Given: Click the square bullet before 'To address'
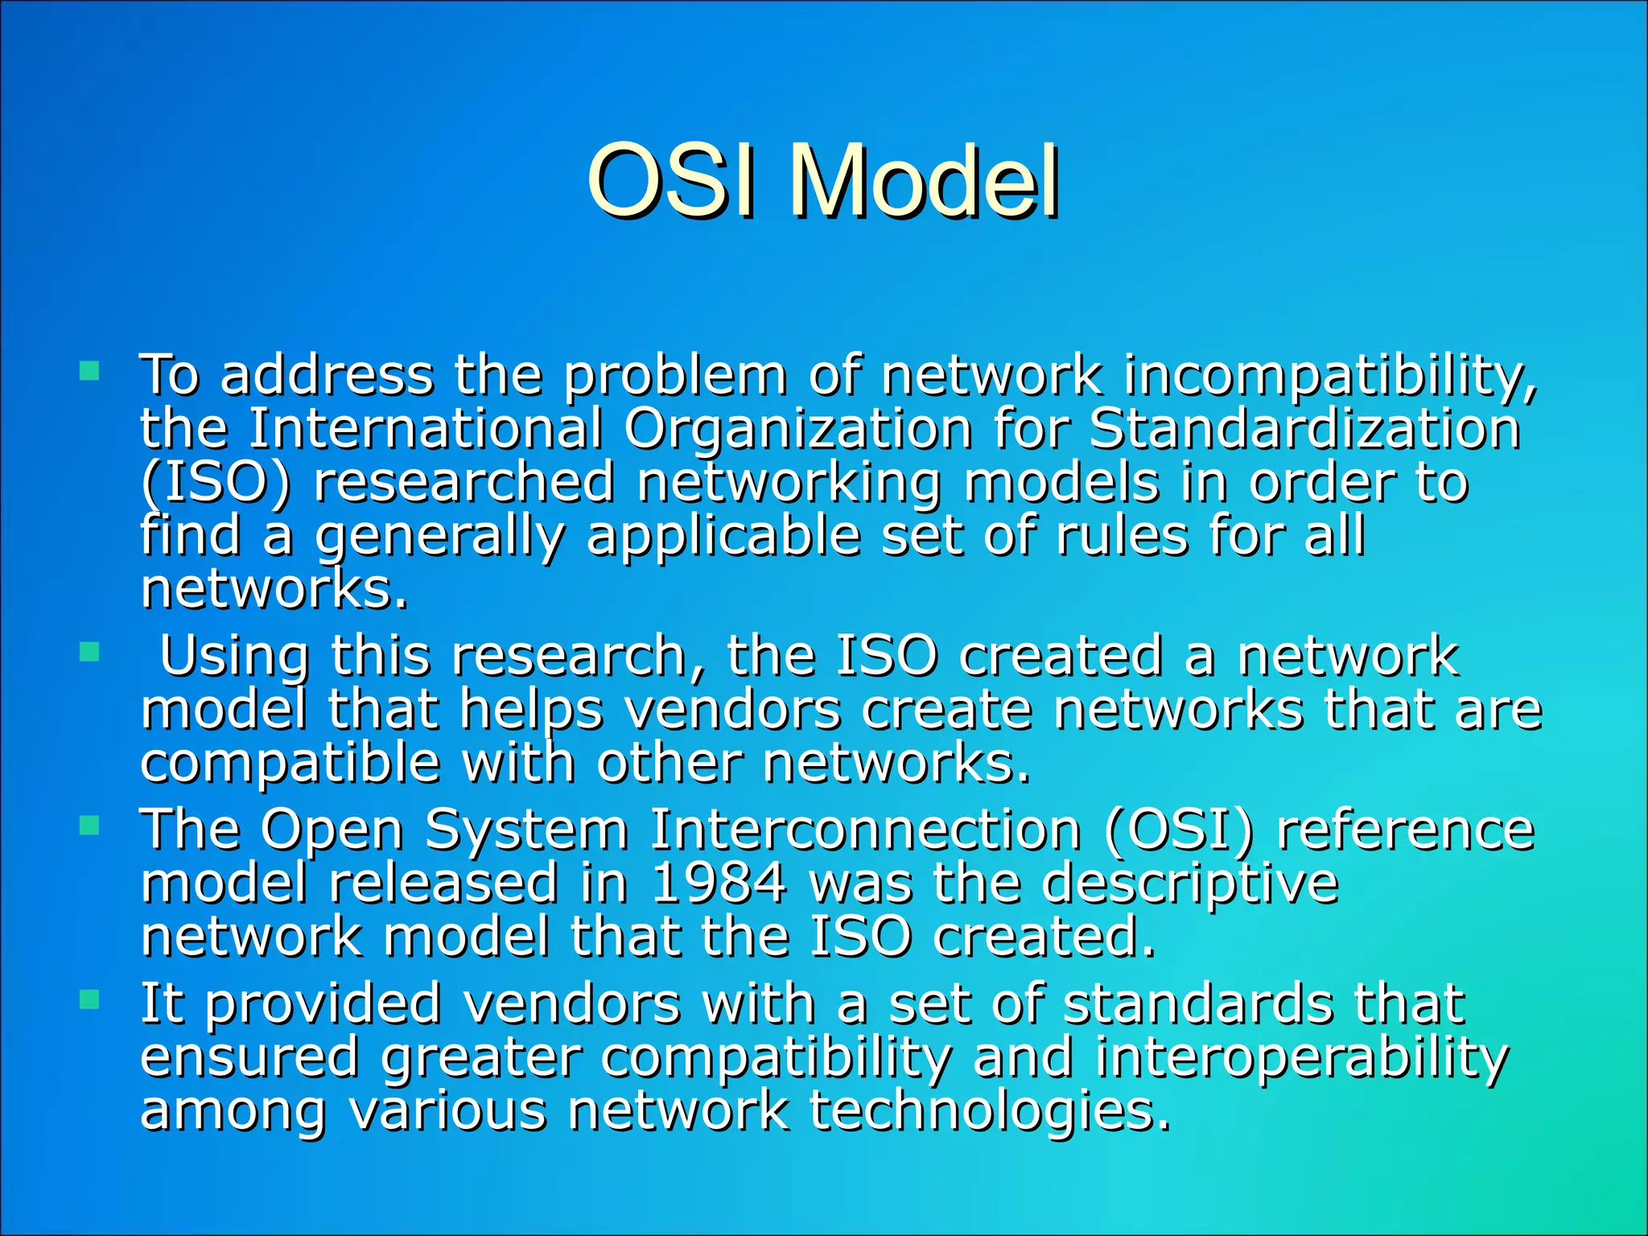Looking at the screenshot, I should tap(89, 371).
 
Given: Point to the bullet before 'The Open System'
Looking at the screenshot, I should tap(89, 826).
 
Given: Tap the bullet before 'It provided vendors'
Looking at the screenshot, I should tap(89, 1000).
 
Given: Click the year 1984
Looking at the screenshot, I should tap(719, 883).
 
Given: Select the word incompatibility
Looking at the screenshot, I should tap(1329, 376).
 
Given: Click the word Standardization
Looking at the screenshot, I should tap(1304, 429).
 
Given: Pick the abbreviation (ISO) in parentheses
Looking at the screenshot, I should tap(215, 483).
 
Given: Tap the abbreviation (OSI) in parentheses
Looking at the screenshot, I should tap(1179, 830).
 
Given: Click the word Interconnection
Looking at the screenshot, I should tap(865, 830).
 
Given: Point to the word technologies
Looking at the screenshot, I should tap(990, 1111).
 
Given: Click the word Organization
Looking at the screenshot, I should tap(797, 429).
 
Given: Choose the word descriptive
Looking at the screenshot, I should tap(1189, 883).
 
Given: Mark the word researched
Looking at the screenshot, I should tap(464, 483).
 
